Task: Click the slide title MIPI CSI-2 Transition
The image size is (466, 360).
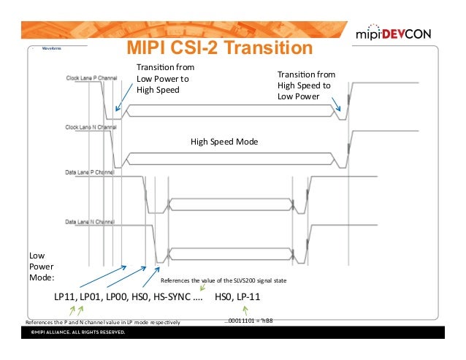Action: [x=221, y=48]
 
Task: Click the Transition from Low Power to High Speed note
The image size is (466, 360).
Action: [x=165, y=79]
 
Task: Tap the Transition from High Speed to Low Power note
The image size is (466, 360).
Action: [x=305, y=85]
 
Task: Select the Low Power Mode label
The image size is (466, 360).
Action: [x=39, y=267]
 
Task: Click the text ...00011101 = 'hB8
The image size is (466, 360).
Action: [x=253, y=321]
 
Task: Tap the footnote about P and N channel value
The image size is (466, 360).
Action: [x=102, y=321]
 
